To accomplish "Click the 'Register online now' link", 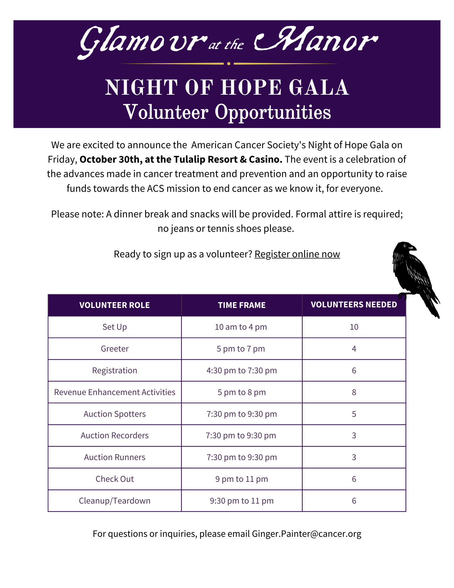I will coord(297,254).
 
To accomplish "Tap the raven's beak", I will coord(414,248).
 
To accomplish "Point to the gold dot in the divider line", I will coord(229,64).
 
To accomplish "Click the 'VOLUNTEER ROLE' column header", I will coord(115,305).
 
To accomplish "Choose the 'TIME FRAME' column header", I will coord(242,305).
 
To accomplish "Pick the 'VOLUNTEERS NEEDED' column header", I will coord(354,304).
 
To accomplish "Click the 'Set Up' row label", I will coord(115,327).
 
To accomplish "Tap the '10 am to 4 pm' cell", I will coord(241,327).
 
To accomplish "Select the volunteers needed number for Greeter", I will coord(354,349).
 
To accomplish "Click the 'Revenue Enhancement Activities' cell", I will coord(115,392).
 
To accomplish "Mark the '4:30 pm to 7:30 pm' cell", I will coord(242,370).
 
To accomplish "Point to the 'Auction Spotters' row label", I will coord(115,414).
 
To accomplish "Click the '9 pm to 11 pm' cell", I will coord(242,479).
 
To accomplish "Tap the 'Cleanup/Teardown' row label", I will coord(115,501).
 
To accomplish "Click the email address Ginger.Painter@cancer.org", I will coord(306,534).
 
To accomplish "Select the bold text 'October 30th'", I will coord(109,159).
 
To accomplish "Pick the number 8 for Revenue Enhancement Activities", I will coord(354,392).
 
